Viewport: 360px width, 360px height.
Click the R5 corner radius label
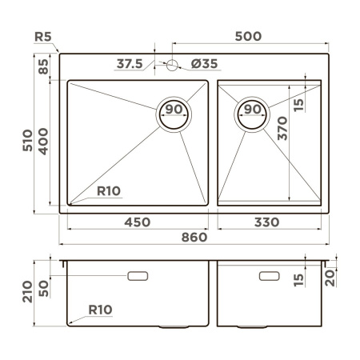46,37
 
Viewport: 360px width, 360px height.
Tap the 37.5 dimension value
129,63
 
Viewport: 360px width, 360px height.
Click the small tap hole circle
170,67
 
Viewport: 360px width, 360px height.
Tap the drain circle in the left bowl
176,113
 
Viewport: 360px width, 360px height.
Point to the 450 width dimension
138,222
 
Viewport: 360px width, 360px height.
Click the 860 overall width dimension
193,237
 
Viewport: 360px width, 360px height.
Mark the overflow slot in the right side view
268,276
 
